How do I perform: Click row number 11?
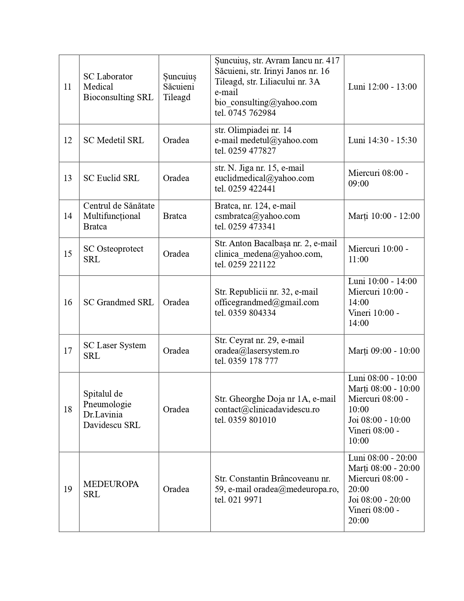(68, 87)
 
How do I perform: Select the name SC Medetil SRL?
(114, 140)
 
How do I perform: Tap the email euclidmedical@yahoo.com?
(264, 178)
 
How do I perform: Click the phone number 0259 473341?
(251, 227)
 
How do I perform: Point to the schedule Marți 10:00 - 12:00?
(384, 216)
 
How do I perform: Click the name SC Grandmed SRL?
(118, 302)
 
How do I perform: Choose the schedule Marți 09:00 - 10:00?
(384, 351)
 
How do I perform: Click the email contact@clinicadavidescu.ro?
(267, 409)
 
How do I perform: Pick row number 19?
(68, 489)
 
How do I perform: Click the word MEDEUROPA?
(111, 484)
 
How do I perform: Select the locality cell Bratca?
(175, 216)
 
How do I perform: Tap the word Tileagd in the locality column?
(177, 97)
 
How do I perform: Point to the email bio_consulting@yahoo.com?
(266, 102)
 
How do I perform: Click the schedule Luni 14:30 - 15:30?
(382, 140)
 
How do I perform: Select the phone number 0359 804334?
(252, 313)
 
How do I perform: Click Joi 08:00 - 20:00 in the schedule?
(379, 500)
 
